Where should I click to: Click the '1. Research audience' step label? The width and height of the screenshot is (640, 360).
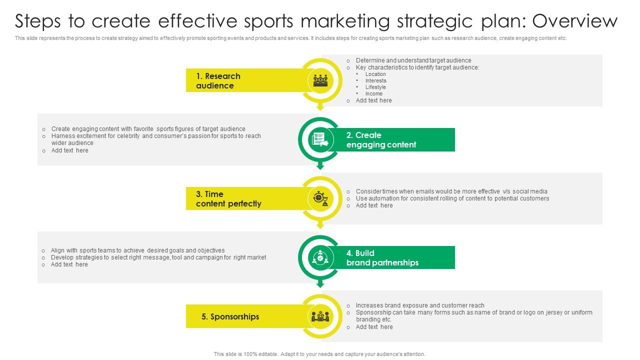[218, 81]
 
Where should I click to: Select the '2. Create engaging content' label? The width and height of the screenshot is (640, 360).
[381, 140]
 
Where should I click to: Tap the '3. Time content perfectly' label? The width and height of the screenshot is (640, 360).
[228, 199]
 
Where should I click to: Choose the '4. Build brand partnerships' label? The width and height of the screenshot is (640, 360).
[382, 258]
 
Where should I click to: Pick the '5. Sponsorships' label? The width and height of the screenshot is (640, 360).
[230, 316]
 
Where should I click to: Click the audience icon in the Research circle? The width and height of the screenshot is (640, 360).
[320, 80]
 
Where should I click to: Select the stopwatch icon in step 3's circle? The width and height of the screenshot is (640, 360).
[320, 198]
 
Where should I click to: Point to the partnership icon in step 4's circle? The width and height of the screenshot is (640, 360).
[320, 257]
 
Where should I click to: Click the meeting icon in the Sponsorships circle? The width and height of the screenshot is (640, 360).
[320, 316]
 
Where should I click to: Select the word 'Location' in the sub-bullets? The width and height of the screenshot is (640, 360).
[375, 74]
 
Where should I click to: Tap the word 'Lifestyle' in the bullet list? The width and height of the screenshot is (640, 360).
[375, 87]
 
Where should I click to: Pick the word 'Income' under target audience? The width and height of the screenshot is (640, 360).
[373, 93]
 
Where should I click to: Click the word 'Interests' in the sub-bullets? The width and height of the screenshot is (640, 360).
[375, 80]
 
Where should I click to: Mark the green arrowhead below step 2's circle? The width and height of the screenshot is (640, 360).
[320, 166]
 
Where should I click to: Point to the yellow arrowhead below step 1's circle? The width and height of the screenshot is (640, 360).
[320, 107]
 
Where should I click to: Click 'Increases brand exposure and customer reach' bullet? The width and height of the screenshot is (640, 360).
[420, 305]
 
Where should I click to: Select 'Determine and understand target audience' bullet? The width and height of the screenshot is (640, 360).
[413, 60]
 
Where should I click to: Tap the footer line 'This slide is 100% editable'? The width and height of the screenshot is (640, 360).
[319, 354]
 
